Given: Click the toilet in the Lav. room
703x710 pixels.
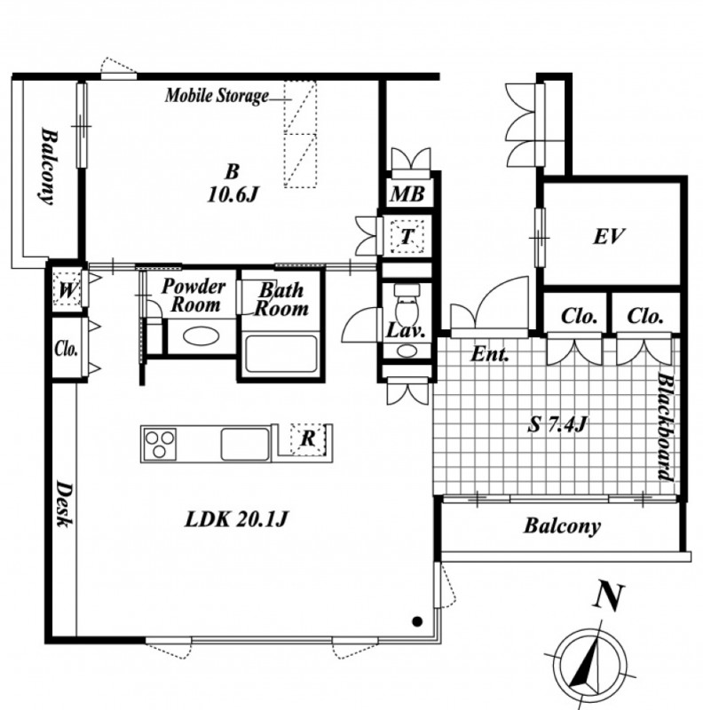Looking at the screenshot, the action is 407,304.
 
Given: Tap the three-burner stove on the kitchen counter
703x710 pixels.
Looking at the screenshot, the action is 160,444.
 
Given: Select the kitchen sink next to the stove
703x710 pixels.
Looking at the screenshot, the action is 245,445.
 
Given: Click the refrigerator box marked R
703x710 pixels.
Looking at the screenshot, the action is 308,438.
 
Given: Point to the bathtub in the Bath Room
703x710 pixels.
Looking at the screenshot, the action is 280,353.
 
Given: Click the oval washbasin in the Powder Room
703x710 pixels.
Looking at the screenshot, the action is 201,336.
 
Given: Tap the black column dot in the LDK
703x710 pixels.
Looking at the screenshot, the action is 418,622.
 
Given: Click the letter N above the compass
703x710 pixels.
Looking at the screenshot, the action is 609,596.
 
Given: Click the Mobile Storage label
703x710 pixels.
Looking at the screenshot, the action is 217,96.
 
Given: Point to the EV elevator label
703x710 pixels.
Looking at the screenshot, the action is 609,236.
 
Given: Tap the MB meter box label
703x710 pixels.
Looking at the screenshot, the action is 407,194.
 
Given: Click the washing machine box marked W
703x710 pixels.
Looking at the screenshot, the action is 67,289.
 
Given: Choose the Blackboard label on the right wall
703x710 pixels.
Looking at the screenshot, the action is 666,426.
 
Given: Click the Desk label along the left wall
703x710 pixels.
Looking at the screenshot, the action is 64,504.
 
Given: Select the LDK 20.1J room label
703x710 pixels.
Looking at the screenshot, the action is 236,519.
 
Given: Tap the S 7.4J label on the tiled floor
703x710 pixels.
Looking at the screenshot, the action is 557,425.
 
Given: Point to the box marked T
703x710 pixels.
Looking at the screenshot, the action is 407,236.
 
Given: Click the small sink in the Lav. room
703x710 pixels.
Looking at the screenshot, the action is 407,351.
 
